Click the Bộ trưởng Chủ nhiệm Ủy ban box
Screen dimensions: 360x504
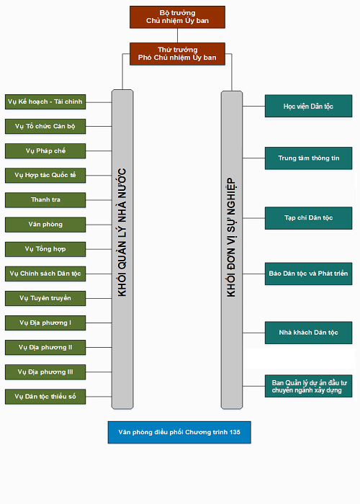coord(177,17)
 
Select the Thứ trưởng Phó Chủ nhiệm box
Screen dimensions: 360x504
coord(177,54)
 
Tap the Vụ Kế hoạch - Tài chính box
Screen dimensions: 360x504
coord(45,102)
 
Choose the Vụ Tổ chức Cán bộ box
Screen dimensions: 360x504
coord(45,126)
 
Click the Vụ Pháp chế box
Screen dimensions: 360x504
coord(45,151)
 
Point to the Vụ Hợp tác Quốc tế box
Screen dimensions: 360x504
coord(45,176)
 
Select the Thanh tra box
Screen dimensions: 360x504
coord(45,200)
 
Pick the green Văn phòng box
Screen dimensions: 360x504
coord(45,225)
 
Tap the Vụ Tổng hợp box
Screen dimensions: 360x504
coord(45,249)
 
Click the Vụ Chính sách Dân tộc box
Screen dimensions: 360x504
coord(45,274)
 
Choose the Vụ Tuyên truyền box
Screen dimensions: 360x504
coord(45,298)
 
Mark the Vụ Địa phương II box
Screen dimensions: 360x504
coord(45,348)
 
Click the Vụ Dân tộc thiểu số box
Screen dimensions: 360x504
coord(45,397)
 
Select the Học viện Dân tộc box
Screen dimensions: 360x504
coord(309,106)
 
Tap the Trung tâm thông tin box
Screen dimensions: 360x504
coord(309,158)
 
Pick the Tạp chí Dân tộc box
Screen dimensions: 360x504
coord(309,218)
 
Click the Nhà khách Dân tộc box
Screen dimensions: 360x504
coord(309,333)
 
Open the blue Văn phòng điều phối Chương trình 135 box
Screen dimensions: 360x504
coord(179,432)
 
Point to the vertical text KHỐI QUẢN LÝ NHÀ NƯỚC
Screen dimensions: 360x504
coord(122,232)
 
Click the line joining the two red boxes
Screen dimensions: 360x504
coord(177,35)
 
